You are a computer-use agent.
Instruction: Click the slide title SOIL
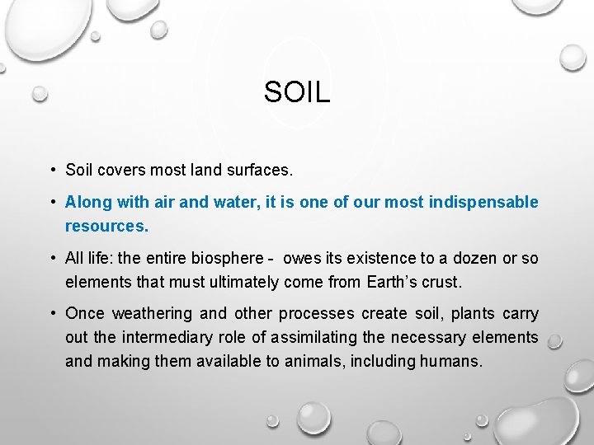297,92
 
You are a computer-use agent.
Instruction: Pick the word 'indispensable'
483,202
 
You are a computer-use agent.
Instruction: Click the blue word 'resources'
106,224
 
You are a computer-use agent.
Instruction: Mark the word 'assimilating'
311,337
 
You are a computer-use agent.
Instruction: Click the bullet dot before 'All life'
52,259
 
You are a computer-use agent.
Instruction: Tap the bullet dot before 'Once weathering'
52,314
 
